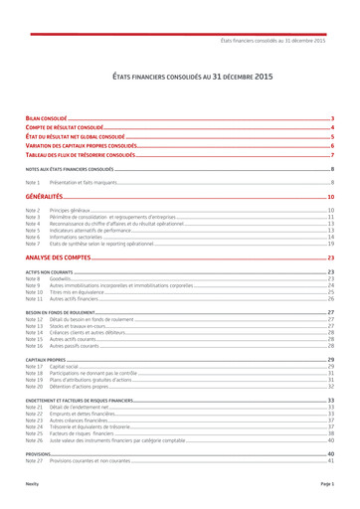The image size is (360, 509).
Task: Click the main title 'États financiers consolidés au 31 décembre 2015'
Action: [x=179, y=76]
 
